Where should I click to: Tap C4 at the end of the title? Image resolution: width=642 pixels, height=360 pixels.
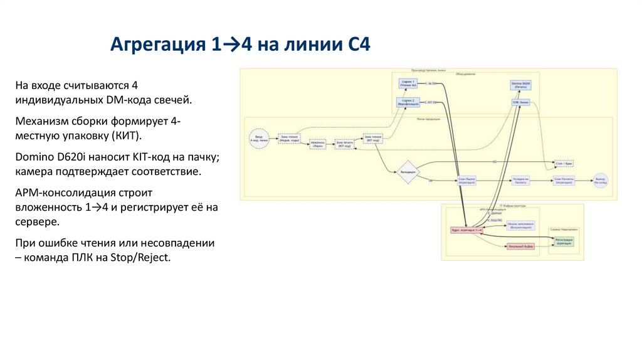click(359, 45)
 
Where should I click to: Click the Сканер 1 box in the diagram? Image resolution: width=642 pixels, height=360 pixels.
click(408, 84)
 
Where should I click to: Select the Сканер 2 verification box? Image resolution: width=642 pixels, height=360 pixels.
click(408, 102)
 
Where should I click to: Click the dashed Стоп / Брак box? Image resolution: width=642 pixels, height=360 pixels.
click(564, 163)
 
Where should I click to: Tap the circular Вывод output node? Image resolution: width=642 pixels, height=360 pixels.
click(601, 181)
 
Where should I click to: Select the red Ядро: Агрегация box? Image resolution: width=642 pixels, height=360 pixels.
click(466, 230)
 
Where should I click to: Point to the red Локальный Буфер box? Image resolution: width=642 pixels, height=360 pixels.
click(520, 246)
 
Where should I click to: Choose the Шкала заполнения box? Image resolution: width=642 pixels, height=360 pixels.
click(521, 225)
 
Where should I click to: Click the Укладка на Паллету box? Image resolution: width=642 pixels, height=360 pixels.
click(520, 181)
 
